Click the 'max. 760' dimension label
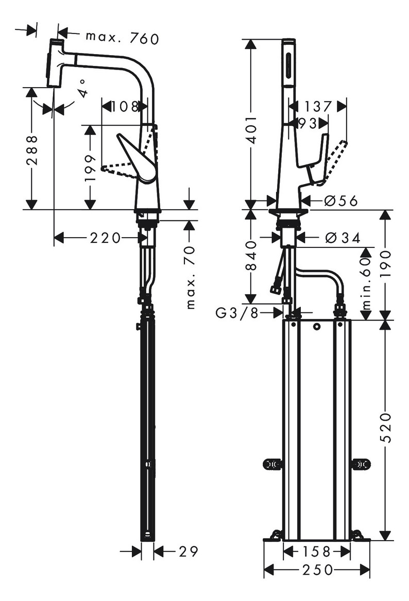coord(122,37)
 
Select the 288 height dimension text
coord(32,149)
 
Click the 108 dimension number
coord(122,107)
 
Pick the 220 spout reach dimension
coord(105,238)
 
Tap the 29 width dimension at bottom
coord(188,552)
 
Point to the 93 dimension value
coord(307,123)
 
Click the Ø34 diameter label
coord(343,238)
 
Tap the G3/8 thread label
coord(237,312)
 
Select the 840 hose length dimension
coord(251,256)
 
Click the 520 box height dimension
coord(386,428)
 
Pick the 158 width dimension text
coord(316,552)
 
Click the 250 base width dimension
coord(316,570)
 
